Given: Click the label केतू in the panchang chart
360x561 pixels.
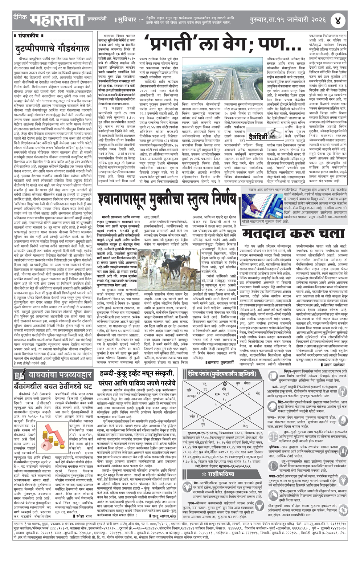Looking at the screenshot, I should click(246, 425).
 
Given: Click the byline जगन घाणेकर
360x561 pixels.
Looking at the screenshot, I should click(334, 365).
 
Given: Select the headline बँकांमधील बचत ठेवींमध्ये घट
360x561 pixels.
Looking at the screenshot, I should click(53, 386).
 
